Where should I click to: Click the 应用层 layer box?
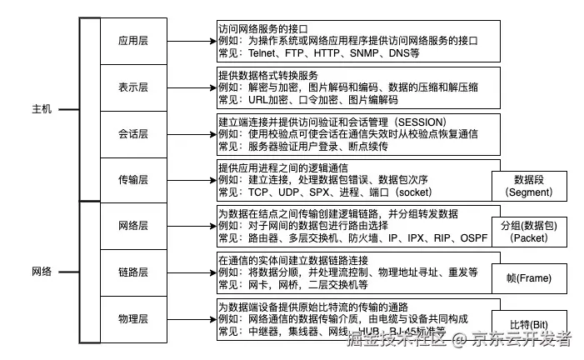133,38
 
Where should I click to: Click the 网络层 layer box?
133,225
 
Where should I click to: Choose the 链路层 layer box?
133,272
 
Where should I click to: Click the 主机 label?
42,109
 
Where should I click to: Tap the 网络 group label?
42,272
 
